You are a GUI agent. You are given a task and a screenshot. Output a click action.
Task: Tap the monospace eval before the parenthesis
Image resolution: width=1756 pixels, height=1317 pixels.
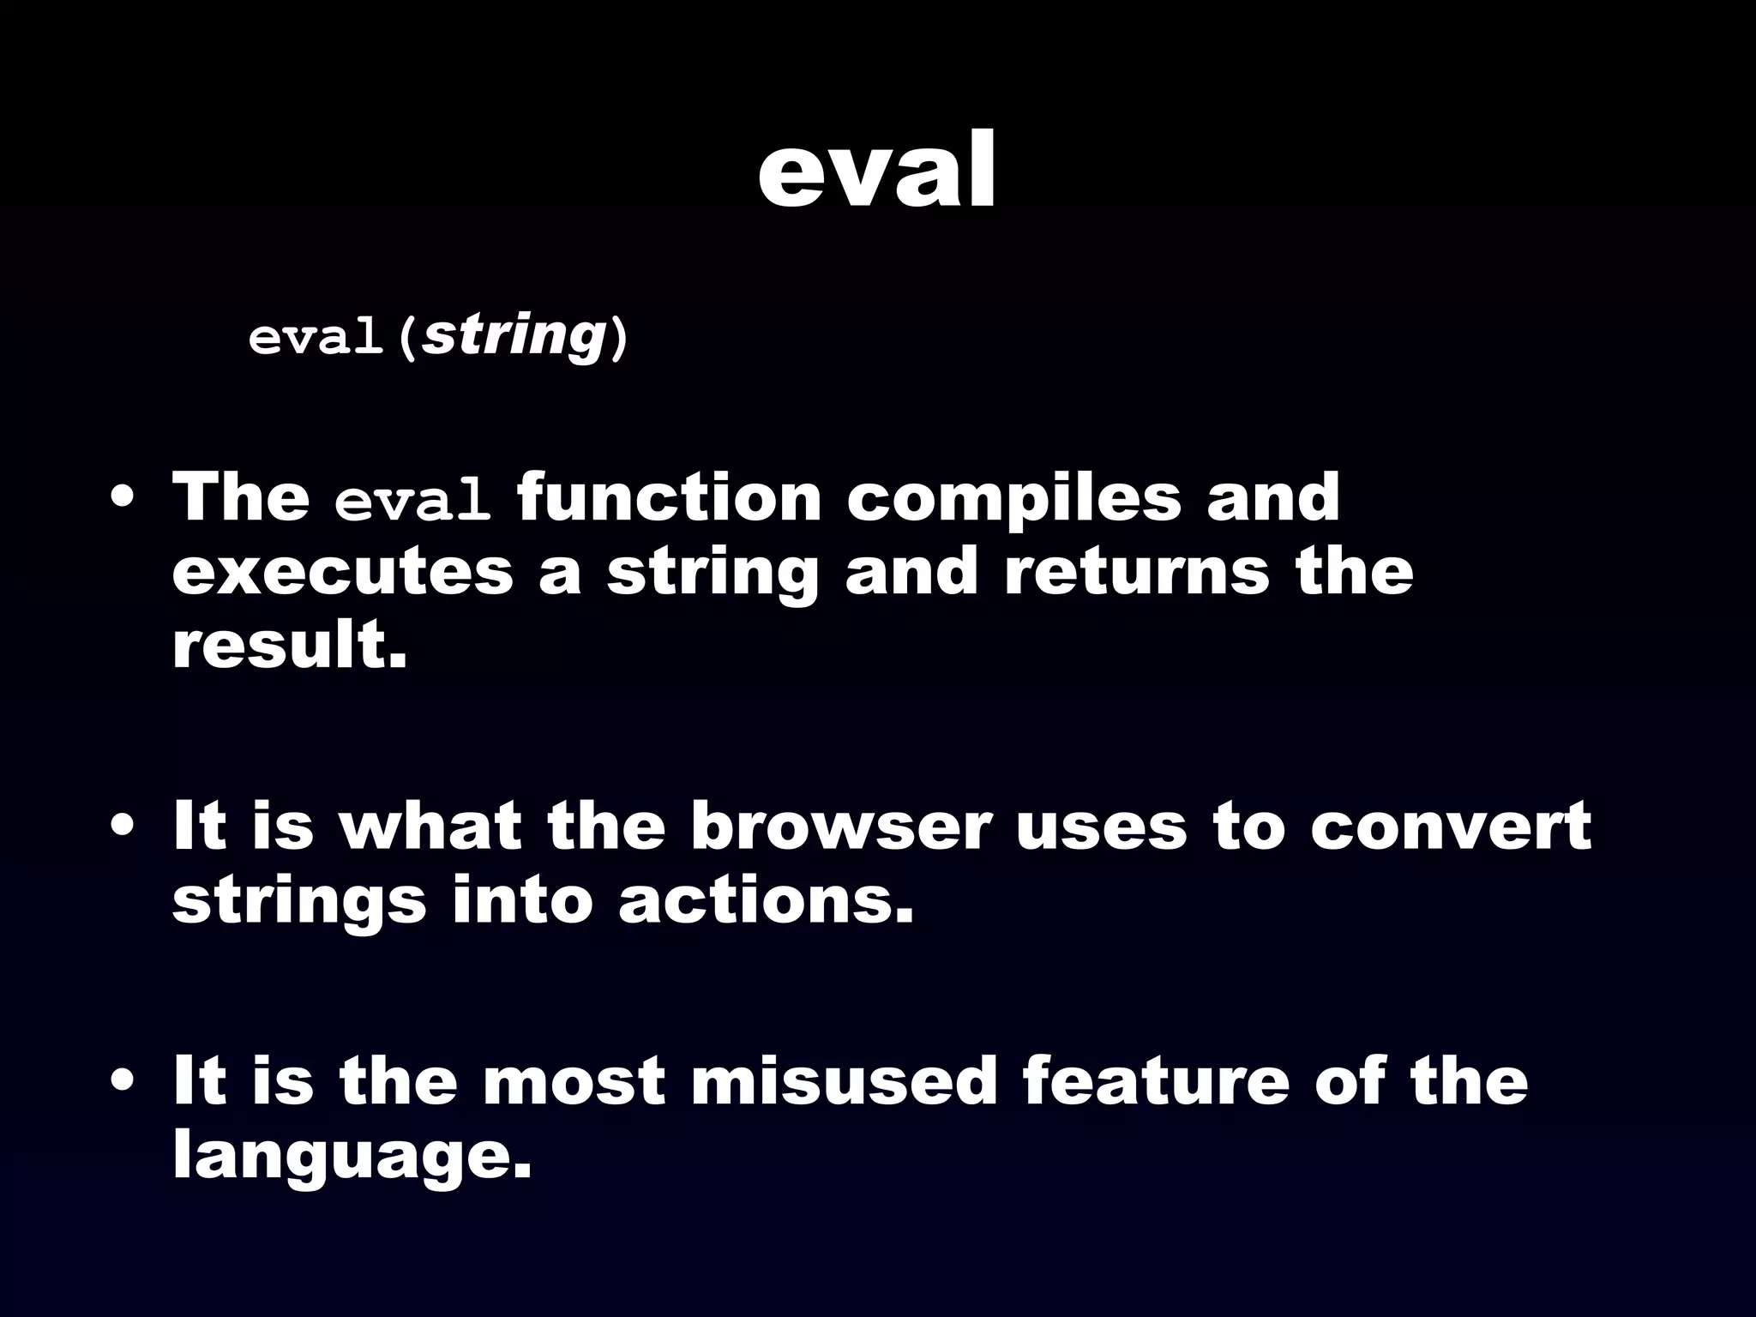point(315,338)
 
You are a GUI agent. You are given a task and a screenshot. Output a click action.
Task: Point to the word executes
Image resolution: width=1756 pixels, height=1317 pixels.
point(342,573)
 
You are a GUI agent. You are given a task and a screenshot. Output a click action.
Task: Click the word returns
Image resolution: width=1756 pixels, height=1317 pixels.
point(1137,573)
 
